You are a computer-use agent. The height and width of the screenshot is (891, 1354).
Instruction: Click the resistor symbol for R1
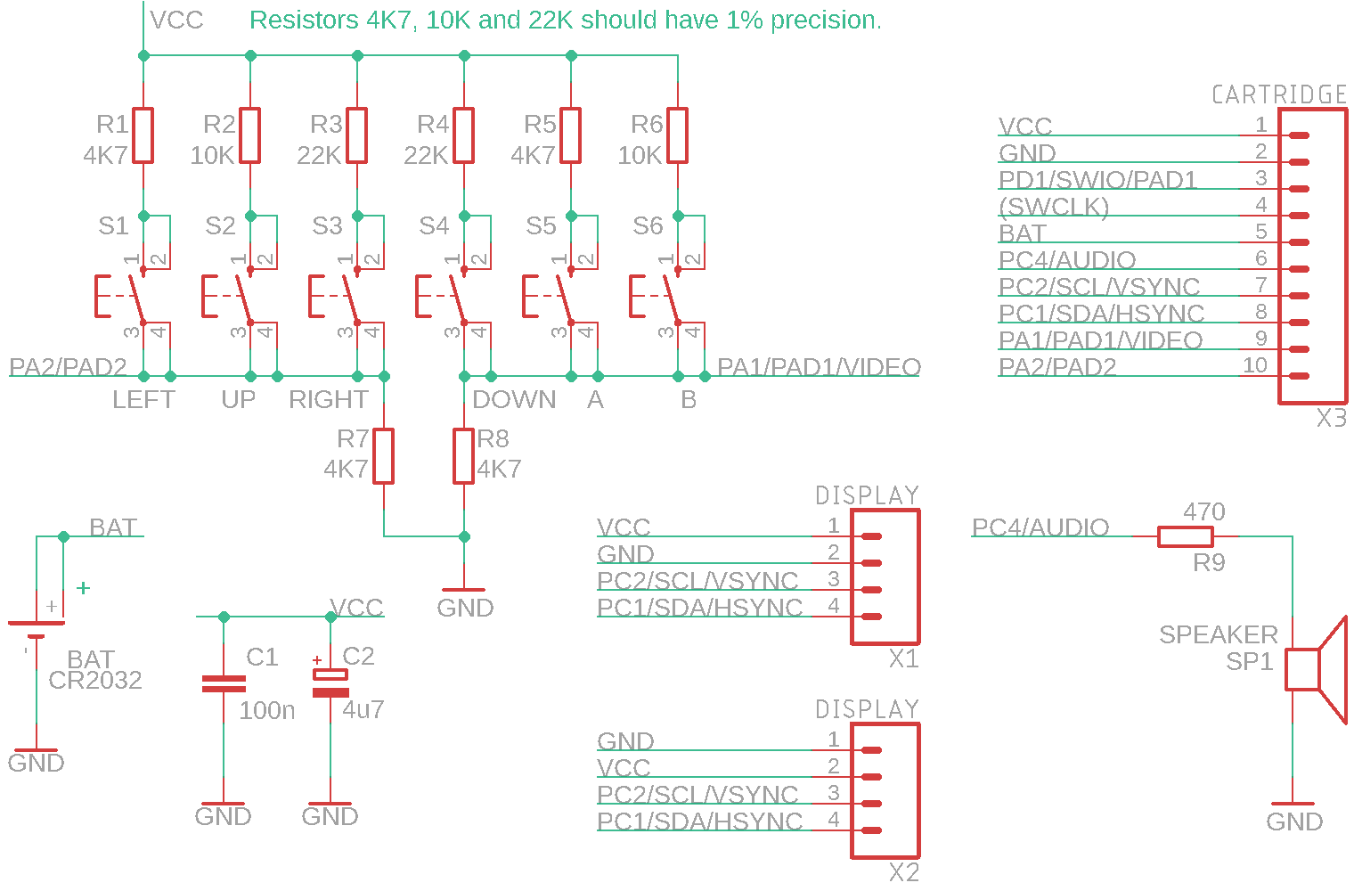143,135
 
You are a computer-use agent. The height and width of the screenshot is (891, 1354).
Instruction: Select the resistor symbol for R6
677,135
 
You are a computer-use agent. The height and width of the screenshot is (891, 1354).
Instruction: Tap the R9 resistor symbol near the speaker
1185,536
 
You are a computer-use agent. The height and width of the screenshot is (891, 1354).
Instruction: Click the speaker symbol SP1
1314,669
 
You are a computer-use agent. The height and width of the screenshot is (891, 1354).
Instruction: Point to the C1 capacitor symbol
224,683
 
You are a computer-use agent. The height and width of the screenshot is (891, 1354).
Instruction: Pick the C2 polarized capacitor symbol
330,683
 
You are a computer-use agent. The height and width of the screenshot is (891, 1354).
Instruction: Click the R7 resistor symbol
383,456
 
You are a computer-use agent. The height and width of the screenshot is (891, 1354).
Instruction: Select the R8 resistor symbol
463,456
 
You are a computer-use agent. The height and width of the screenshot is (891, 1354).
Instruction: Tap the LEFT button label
143,400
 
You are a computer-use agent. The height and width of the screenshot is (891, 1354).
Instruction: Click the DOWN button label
514,400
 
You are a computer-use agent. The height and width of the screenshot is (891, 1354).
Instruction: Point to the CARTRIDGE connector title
1278,94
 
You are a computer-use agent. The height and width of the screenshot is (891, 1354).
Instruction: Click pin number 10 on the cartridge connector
1254,365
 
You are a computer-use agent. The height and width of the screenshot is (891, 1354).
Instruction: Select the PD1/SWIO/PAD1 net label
1097,180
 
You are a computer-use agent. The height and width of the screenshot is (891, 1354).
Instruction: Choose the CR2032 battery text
95,681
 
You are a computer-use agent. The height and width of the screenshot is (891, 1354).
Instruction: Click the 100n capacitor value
267,710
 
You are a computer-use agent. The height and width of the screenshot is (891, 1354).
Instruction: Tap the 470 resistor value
1204,512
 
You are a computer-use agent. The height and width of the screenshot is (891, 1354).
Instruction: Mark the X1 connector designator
903,659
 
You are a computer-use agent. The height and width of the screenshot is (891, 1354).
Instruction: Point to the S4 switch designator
434,226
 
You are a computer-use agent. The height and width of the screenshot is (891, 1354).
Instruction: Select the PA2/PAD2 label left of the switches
68,367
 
